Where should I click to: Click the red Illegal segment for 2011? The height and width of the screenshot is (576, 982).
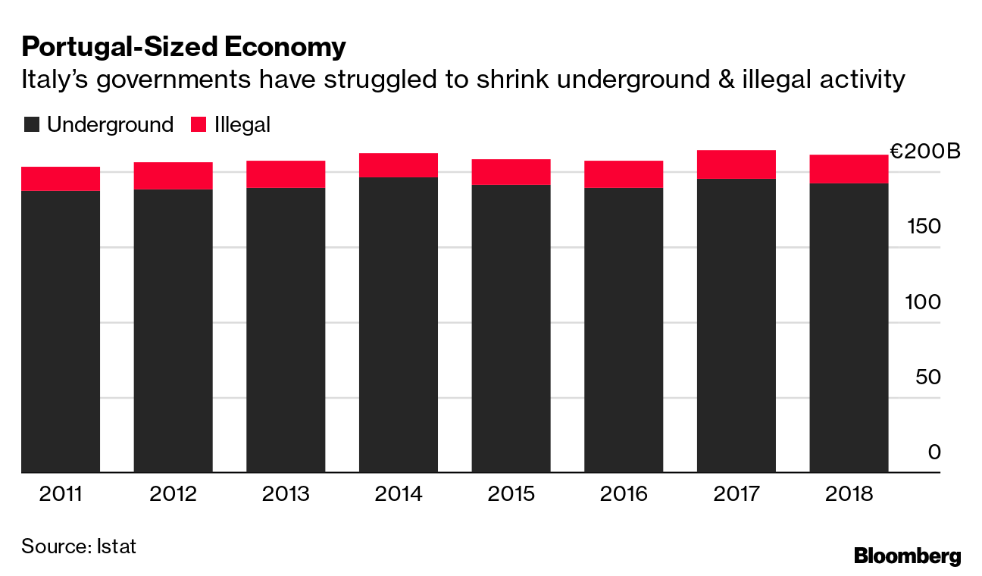click(61, 178)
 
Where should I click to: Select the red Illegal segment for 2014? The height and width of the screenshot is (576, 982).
click(399, 165)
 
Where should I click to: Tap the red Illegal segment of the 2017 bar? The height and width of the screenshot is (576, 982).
click(736, 164)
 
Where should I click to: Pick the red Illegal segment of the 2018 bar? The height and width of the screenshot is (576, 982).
click(849, 169)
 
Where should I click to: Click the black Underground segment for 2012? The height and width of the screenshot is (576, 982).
click(173, 330)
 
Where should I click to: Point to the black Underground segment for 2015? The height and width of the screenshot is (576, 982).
click(511, 328)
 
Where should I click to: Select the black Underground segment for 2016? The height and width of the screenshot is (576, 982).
click(624, 330)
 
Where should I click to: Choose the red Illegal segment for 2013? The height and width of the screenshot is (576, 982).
click(286, 174)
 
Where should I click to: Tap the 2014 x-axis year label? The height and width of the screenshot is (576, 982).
click(399, 494)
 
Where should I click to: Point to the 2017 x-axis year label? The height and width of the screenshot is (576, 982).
click(736, 494)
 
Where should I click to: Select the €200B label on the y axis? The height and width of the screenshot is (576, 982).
click(924, 152)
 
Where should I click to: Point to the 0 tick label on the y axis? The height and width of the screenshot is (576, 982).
click(934, 452)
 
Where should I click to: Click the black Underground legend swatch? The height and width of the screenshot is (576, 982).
click(31, 125)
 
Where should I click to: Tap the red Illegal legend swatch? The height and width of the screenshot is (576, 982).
click(198, 125)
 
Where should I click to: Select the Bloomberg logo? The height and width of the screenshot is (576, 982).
click(907, 556)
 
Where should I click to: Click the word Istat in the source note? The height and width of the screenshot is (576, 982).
click(117, 546)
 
